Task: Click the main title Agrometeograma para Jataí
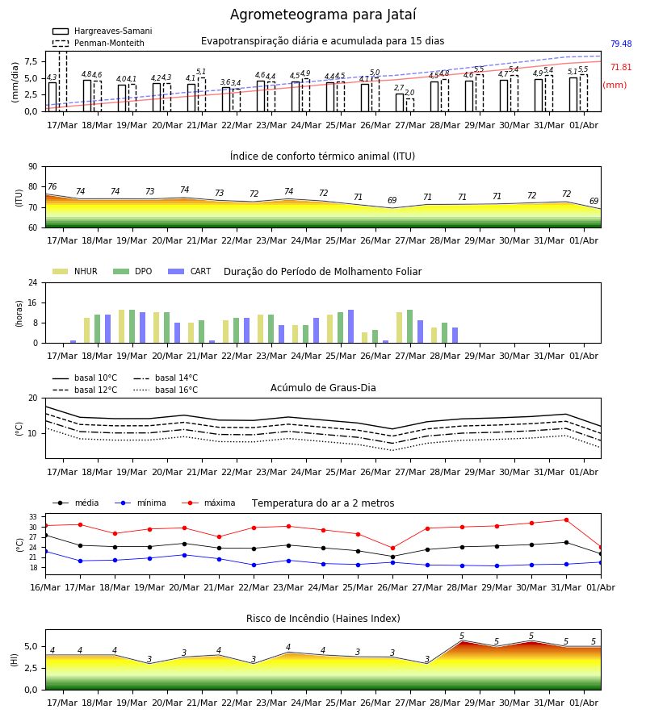click(x=323, y=15)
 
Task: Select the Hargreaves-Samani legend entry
click(x=102, y=31)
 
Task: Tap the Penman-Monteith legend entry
click(x=99, y=43)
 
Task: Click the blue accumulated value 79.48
click(x=621, y=44)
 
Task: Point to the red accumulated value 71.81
click(x=621, y=68)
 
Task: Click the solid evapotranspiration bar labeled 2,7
click(x=400, y=102)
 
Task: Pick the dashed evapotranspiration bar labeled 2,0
click(x=410, y=105)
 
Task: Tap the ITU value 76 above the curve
click(x=52, y=186)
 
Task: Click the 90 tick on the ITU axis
click(x=33, y=167)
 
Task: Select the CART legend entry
click(x=190, y=271)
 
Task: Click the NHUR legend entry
click(x=75, y=271)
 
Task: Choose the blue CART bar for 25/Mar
click(x=350, y=327)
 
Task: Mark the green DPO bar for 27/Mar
click(x=409, y=327)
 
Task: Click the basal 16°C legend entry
click(x=166, y=390)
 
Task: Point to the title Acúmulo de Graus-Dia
click(x=323, y=388)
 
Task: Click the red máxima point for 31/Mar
click(x=566, y=520)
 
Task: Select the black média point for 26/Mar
click(x=393, y=557)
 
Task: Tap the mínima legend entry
click(x=141, y=503)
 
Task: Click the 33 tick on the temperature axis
click(x=33, y=517)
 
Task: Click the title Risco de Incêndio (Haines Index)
click(x=323, y=619)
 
